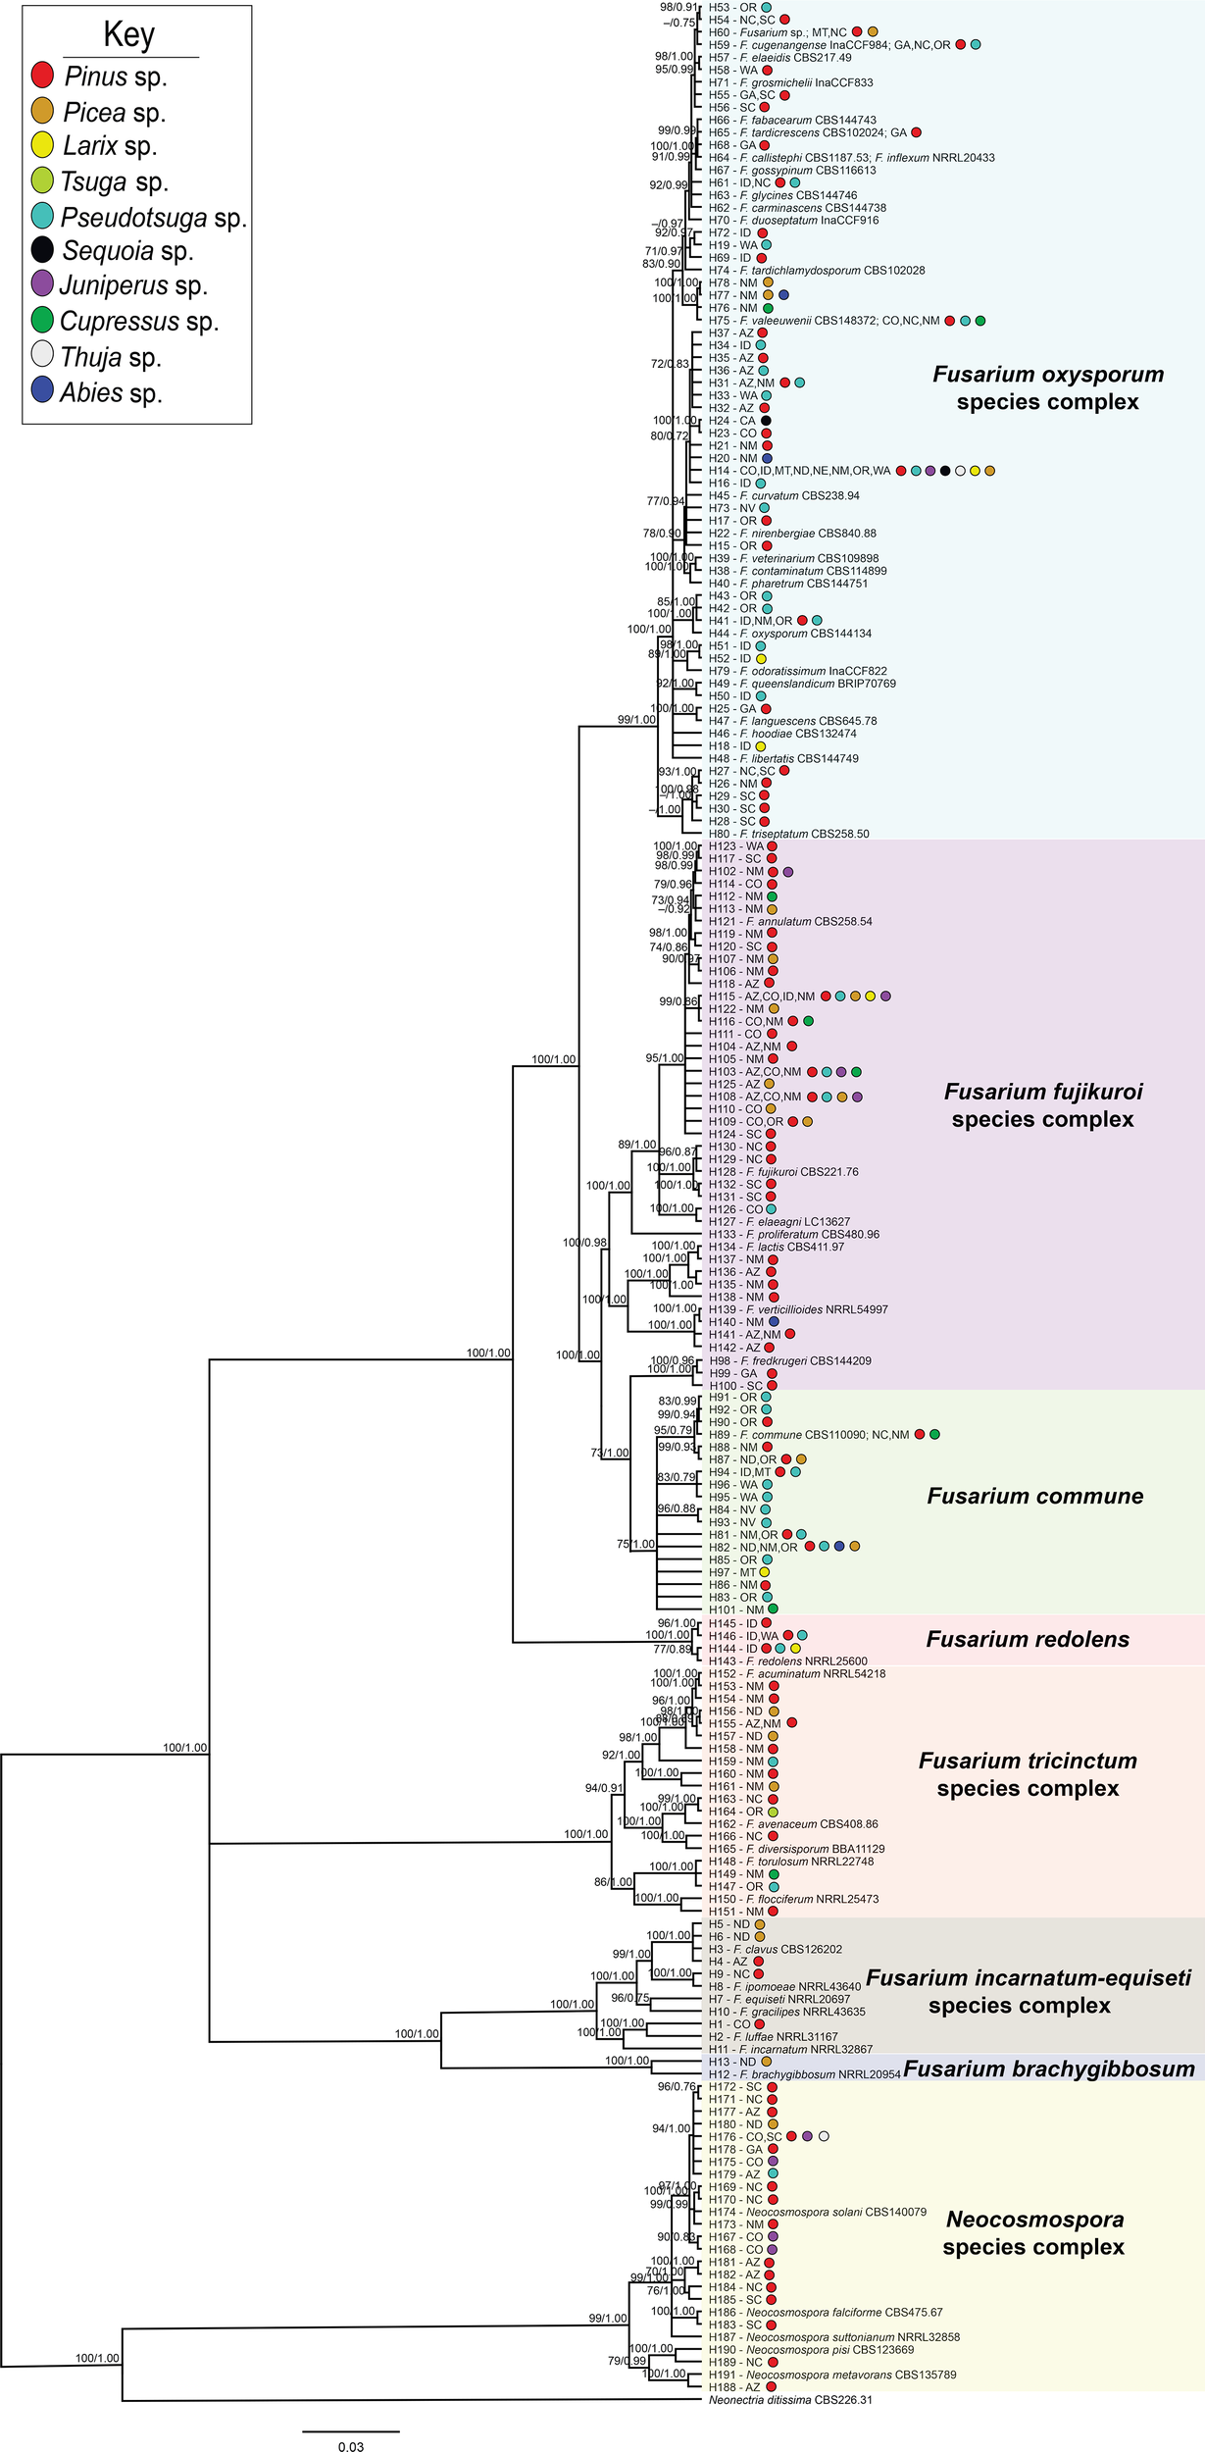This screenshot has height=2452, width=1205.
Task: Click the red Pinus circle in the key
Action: pos(42,76)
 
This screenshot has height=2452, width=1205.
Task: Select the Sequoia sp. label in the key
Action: pos(127,251)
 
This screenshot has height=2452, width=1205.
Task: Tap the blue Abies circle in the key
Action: pos(42,390)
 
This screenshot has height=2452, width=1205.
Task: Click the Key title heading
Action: pos(129,35)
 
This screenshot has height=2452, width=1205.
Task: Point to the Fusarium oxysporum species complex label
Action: pos(1047,387)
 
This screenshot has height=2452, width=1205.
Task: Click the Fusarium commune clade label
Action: pos(1034,1496)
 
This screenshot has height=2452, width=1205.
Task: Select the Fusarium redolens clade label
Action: pos(1027,1639)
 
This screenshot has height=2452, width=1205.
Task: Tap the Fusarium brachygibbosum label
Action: pos(1048,2069)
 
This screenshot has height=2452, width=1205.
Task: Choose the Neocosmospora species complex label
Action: pos(1033,2232)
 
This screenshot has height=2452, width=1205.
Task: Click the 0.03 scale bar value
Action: pos(350,2446)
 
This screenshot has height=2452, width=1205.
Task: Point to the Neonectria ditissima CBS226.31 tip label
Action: pos(790,2400)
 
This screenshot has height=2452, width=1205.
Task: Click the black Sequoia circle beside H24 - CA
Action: pos(767,421)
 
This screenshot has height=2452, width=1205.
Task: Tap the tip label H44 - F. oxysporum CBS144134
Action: pos(789,634)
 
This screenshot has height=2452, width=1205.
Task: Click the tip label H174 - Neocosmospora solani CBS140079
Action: pos(817,2212)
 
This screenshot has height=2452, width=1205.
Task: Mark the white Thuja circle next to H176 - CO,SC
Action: pos(824,2136)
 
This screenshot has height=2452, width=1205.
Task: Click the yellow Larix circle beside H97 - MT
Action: pos(765,1572)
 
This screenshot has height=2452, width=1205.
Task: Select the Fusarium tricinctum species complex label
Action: pos(1027,1774)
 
